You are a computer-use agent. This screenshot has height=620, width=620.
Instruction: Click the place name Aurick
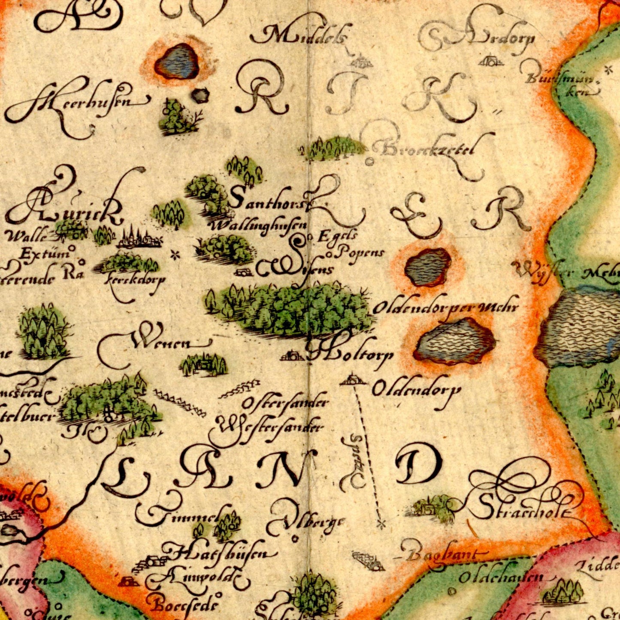pyautogui.click(x=64, y=208)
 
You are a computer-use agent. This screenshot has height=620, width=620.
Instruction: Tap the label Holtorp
pyautogui.click(x=350, y=354)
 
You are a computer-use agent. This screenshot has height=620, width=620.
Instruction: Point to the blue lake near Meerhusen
pyautogui.click(x=177, y=62)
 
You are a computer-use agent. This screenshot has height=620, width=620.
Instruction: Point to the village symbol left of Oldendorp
pyautogui.click(x=354, y=380)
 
